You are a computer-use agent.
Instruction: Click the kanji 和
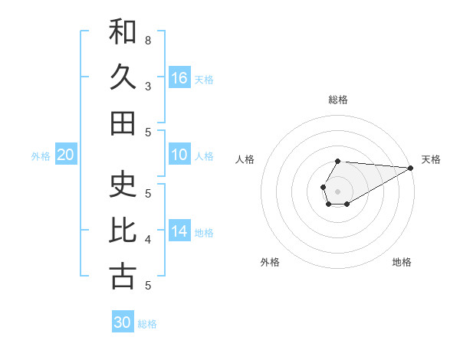coord(123,33)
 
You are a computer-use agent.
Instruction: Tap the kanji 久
coord(123,77)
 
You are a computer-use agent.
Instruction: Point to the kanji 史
coord(123,185)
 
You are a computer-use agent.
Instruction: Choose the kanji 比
coord(123,231)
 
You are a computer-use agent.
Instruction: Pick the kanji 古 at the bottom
coord(123,277)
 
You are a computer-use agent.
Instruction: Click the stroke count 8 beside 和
coord(147,40)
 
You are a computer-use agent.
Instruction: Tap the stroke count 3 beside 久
coord(147,86)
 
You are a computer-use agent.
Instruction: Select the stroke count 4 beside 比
coord(147,240)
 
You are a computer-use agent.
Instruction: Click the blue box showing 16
coord(179,77)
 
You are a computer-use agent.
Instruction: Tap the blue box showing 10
coord(179,155)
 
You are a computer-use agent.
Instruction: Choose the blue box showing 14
coord(179,231)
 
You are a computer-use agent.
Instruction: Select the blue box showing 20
coord(66,155)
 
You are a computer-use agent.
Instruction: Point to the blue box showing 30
coord(123,322)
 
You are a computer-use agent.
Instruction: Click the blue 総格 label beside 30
coord(147,324)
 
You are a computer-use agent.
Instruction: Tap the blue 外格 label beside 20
coord(41,156)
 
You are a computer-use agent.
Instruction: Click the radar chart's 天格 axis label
coord(431,159)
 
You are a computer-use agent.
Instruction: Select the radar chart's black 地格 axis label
coord(402,262)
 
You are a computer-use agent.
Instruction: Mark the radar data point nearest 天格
coord(411,168)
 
